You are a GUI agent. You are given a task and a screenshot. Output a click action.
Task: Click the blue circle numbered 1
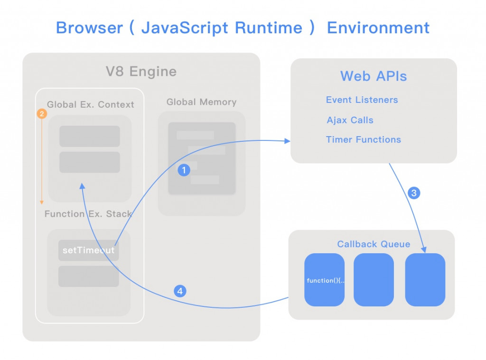(x=184, y=170)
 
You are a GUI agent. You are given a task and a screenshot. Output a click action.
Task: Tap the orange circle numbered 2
(x=42, y=114)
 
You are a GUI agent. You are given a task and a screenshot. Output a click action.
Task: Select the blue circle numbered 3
(x=414, y=193)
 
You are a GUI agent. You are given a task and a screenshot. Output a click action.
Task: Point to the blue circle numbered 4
(x=180, y=291)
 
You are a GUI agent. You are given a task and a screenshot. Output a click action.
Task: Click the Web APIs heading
(x=374, y=76)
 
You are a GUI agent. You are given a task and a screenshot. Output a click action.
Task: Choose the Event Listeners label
(x=362, y=100)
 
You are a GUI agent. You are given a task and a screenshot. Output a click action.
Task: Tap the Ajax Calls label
(x=350, y=120)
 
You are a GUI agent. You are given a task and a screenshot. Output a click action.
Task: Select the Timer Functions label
(x=363, y=139)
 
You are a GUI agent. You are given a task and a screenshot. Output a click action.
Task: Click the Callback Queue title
(x=374, y=244)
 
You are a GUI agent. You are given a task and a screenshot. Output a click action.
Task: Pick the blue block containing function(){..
(x=325, y=280)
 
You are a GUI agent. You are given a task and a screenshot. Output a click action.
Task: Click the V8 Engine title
(x=141, y=72)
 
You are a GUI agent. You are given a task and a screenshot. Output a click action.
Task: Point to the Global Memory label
(x=201, y=102)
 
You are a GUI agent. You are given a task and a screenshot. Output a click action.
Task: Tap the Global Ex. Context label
(x=90, y=104)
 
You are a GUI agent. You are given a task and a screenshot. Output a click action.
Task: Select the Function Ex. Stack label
(x=88, y=214)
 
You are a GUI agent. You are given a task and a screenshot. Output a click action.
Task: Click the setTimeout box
(x=89, y=250)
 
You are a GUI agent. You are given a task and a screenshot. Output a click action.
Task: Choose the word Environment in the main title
(x=378, y=28)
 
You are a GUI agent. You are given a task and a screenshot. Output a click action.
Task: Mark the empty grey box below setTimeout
(x=89, y=277)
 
